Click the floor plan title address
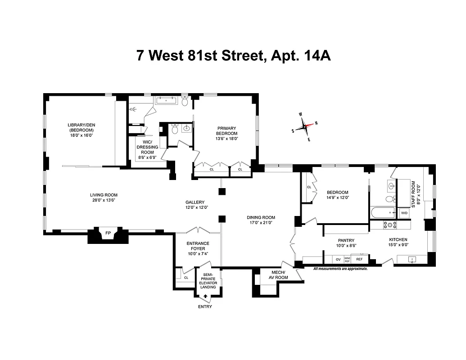tap(234, 56)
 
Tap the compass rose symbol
tap(304, 126)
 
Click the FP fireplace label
tap(108, 233)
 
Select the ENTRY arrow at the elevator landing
tap(206, 296)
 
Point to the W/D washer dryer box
tap(404, 213)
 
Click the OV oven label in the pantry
tap(338, 259)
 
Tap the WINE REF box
tap(347, 260)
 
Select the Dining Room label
tap(261, 217)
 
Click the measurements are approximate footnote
tap(340, 269)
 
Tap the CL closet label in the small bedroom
tap(309, 187)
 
